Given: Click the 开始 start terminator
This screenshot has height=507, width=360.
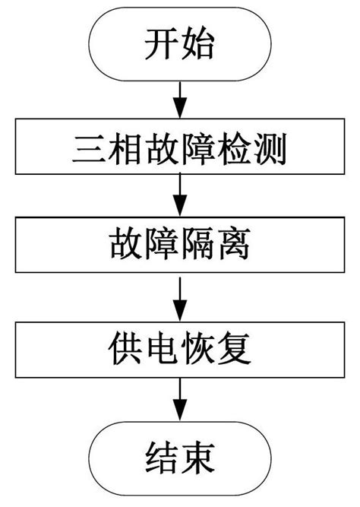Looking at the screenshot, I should pos(180,47).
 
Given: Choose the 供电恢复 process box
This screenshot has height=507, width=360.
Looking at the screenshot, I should pos(180,350).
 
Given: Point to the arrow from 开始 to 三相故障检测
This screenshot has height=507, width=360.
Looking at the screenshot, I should pos(180,100).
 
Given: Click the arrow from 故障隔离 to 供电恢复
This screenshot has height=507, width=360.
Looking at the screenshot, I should pos(180,299).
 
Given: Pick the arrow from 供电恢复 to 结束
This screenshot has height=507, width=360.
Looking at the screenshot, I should pos(180,401).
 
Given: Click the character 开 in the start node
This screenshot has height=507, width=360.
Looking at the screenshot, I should pos(161,47).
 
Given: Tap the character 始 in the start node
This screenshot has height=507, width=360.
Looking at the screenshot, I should pos(199,47).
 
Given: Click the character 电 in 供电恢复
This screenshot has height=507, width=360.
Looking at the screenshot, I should pos(161,350).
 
